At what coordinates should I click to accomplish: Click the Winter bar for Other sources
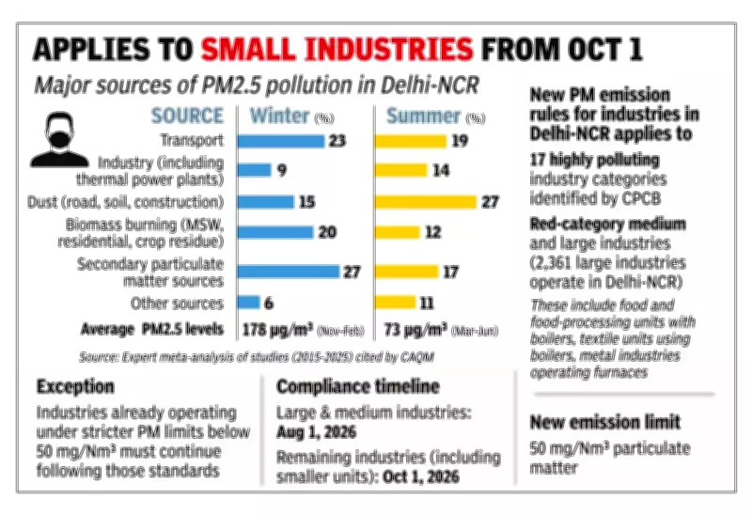pos(247,303)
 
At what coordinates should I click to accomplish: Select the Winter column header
pos(277,117)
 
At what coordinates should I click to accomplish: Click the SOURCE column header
pos(188,117)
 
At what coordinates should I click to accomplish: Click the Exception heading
pos(76,386)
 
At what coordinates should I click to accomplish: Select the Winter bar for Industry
pos(253,170)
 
